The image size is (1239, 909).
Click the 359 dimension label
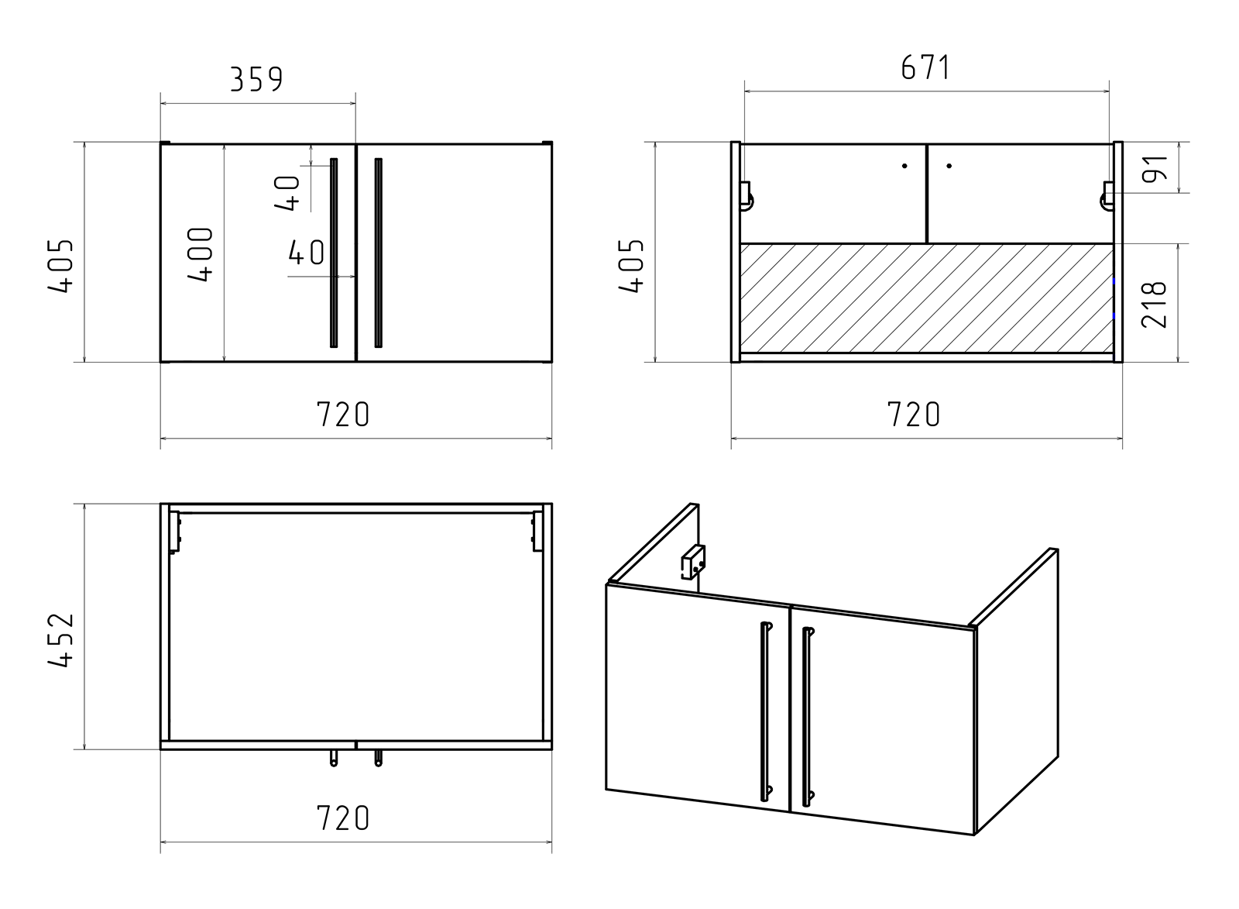(x=256, y=79)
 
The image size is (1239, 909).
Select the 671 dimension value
(x=926, y=67)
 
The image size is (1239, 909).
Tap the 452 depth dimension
(x=60, y=639)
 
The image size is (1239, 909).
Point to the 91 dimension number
(x=1155, y=168)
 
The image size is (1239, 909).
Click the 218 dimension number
(x=1155, y=305)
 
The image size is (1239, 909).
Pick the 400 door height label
(x=200, y=255)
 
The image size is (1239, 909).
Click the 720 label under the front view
(x=342, y=414)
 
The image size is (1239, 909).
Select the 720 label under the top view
(x=342, y=818)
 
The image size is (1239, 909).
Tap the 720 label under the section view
(x=913, y=414)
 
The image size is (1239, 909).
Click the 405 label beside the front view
(x=60, y=266)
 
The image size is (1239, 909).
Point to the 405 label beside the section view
(x=631, y=266)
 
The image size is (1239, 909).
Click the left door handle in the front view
(x=334, y=253)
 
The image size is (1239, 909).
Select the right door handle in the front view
(x=379, y=253)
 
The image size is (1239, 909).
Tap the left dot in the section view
(x=904, y=166)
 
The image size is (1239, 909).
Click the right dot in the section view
(x=949, y=166)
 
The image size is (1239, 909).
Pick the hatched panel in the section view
(x=927, y=298)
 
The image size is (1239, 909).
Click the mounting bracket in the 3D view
(x=693, y=562)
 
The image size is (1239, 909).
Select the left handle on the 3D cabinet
(x=766, y=711)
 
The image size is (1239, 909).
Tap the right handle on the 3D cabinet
(x=808, y=716)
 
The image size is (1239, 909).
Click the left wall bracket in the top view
(x=175, y=532)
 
